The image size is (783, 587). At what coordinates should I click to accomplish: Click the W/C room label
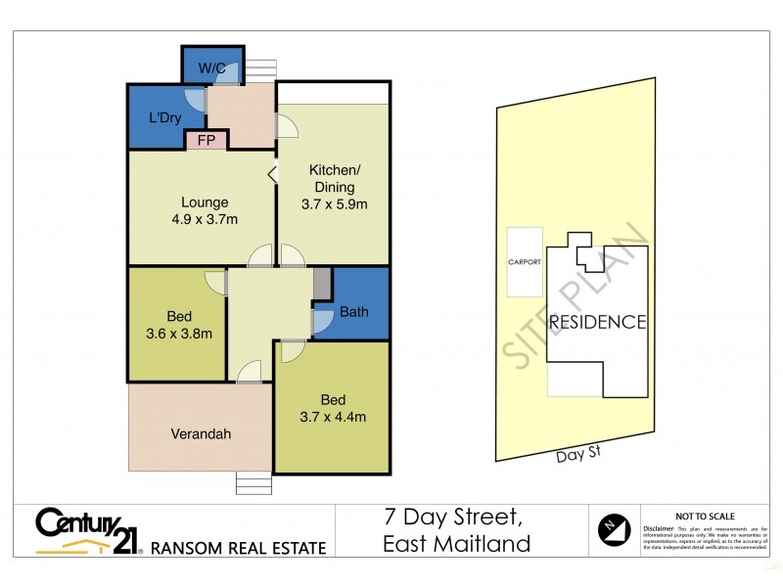212,68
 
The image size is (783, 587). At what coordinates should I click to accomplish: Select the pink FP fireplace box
207,141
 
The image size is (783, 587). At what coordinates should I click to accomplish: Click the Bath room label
354,313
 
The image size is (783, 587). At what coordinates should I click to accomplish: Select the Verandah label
201,434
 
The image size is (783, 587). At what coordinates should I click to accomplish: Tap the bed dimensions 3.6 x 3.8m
178,334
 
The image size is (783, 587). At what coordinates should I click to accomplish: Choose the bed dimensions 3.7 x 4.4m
332,417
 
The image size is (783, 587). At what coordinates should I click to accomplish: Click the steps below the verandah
253,484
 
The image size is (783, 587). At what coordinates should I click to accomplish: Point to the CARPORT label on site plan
525,262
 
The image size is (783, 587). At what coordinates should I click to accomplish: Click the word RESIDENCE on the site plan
597,322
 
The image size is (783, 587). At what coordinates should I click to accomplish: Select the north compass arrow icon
613,530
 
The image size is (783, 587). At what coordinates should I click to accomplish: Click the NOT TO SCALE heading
706,517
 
